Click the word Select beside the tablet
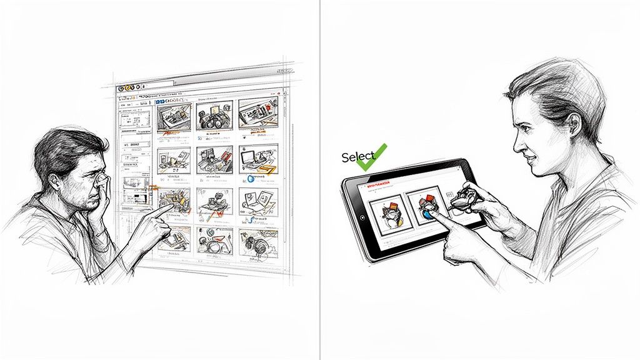(x=358, y=157)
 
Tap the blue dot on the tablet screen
(x=427, y=214)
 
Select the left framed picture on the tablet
(x=385, y=212)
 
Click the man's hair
(x=59, y=150)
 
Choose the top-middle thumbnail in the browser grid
(x=214, y=116)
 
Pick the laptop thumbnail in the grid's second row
(x=257, y=159)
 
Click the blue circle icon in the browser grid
(x=250, y=178)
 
